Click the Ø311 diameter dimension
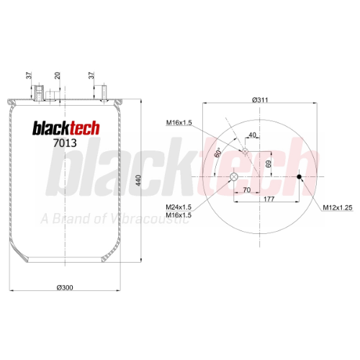[260, 99]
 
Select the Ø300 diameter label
[65, 287]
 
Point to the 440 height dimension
[138, 180]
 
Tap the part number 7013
[65, 143]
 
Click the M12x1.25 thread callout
[338, 207]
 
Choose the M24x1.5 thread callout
[179, 207]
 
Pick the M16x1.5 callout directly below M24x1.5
[179, 215]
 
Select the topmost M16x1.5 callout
[179, 122]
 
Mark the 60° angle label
[218, 153]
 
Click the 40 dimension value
[252, 135]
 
